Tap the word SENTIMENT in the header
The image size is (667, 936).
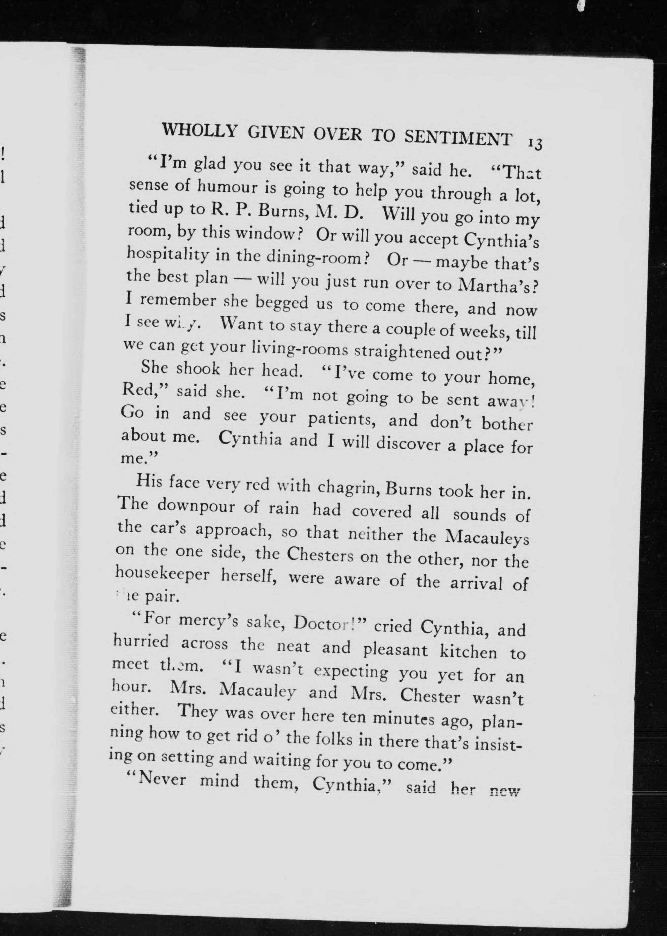point(458,138)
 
